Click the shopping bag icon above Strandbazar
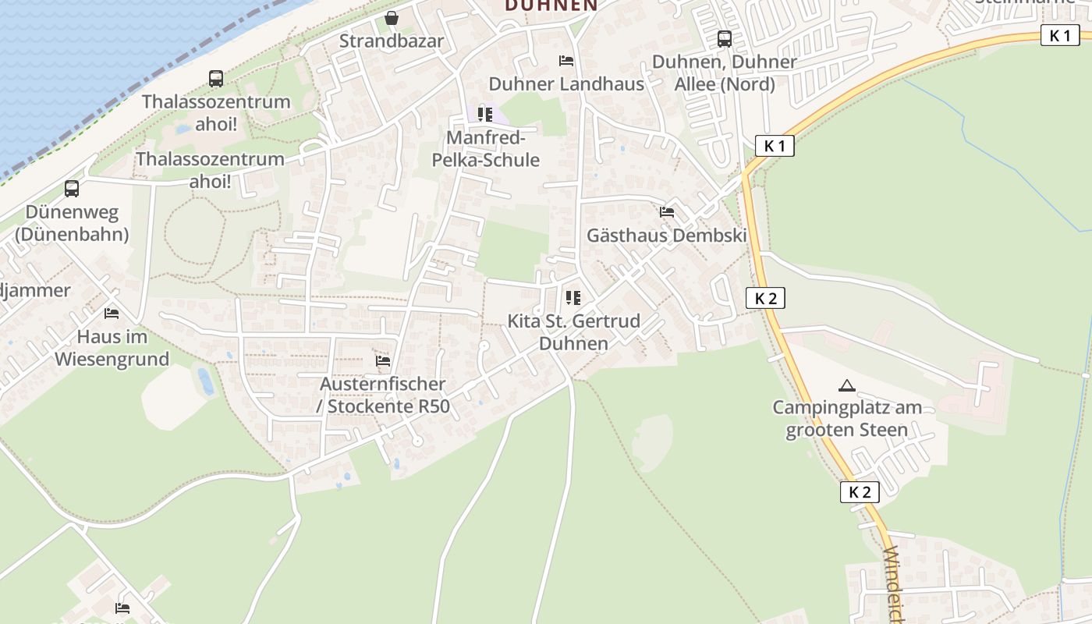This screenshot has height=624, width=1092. [392, 17]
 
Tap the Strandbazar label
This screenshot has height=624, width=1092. [392, 41]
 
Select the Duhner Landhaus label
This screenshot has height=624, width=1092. [566, 83]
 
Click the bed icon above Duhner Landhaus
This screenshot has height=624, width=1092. [566, 60]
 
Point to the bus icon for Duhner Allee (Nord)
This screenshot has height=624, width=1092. [725, 38]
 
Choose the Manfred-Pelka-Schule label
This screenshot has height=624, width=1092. [492, 149]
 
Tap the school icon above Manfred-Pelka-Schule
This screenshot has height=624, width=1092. [485, 115]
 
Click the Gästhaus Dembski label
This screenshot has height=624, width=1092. [667, 236]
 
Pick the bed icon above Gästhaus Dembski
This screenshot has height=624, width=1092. [666, 211]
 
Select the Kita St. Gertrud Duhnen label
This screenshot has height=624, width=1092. [573, 332]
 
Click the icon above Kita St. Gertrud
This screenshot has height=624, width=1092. [573, 297]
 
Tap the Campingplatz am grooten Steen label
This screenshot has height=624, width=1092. [847, 419]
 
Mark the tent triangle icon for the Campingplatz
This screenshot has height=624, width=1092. [846, 385]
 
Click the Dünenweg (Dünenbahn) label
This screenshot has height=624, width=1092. [72, 223]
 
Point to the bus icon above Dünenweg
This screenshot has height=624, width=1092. [72, 188]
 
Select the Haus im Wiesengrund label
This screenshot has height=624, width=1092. [112, 348]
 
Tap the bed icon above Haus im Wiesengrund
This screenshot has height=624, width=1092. [112, 314]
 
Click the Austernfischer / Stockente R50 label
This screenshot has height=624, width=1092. [383, 395]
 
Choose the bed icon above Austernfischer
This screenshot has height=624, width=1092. [382, 361]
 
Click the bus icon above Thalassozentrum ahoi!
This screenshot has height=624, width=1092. [216, 78]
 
